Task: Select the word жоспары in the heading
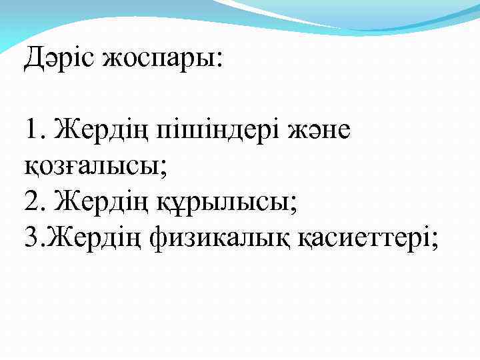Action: click(x=157, y=60)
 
